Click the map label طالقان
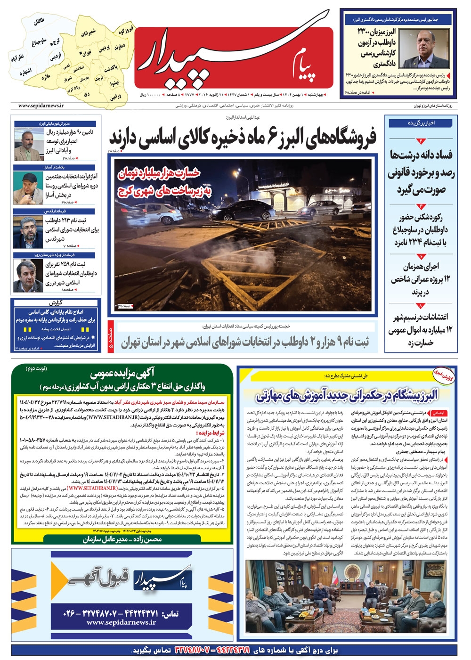(x=39, y=22)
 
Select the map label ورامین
(x=116, y=96)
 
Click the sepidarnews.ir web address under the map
(x=41, y=106)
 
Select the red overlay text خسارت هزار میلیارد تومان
(x=159, y=173)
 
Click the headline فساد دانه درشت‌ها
(x=421, y=155)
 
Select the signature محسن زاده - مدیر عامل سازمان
(x=122, y=539)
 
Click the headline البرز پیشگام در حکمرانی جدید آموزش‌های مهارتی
(x=347, y=395)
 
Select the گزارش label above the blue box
(x=55, y=302)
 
